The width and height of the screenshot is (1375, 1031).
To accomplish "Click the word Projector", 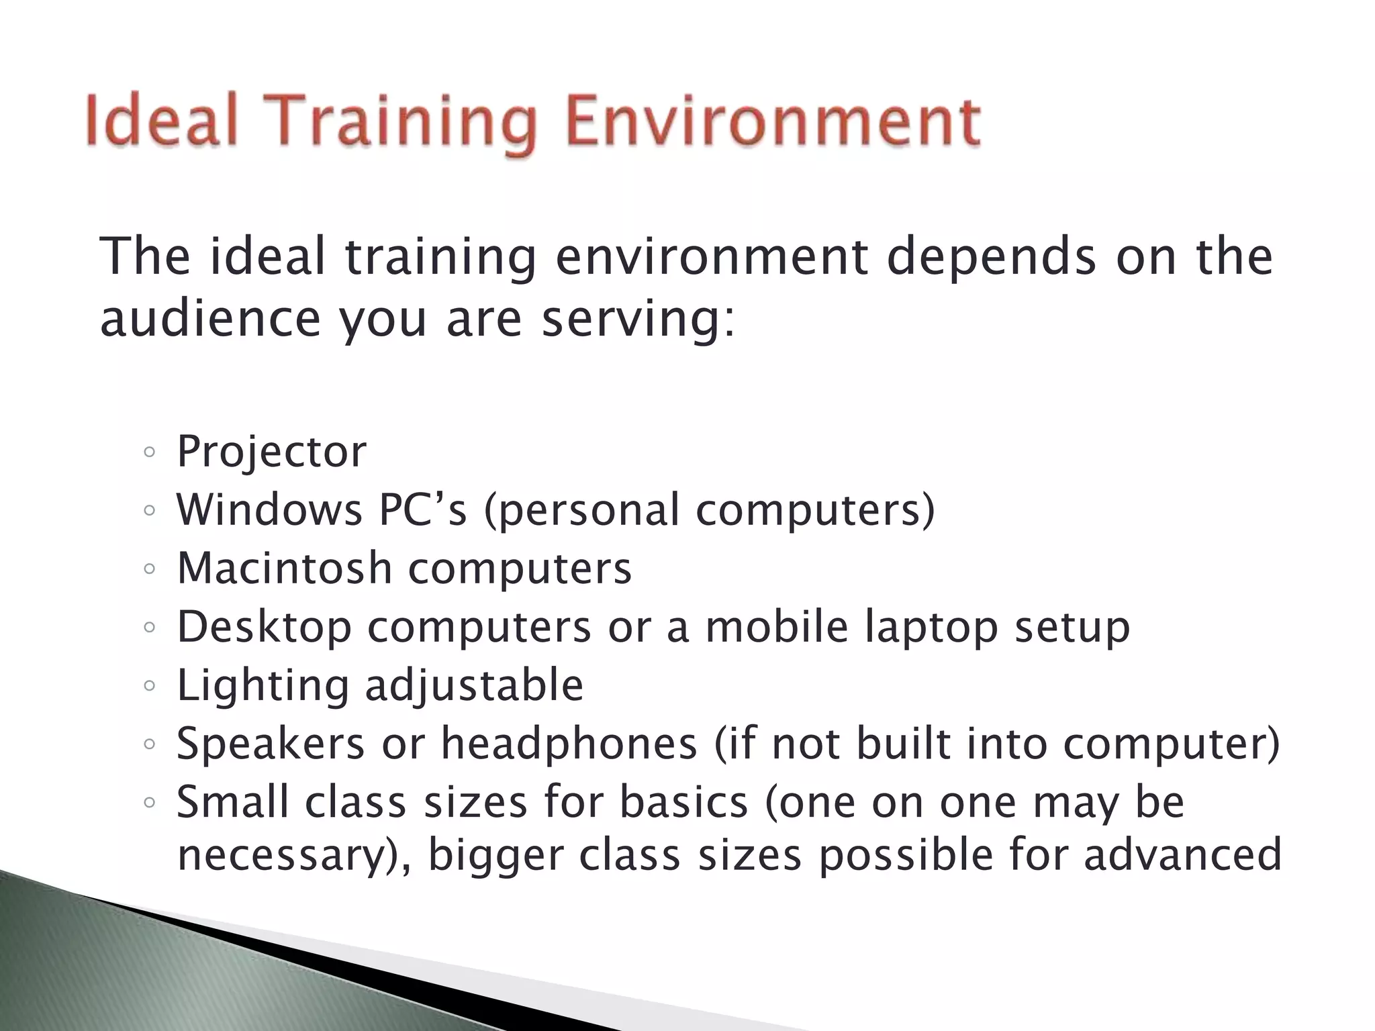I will point(271,452).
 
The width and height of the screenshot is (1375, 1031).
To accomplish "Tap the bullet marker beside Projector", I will point(150,452).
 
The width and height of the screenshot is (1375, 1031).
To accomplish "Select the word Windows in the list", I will point(269,509).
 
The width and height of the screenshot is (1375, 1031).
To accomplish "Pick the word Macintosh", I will point(284,568).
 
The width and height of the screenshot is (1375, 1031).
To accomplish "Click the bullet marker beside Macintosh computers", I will point(150,569).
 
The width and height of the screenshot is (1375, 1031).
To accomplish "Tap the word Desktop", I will point(264,628).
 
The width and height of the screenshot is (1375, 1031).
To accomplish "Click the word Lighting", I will point(263,686).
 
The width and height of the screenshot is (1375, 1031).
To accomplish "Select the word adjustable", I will point(474,686).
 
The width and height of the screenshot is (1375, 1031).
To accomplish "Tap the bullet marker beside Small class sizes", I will point(150,803).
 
